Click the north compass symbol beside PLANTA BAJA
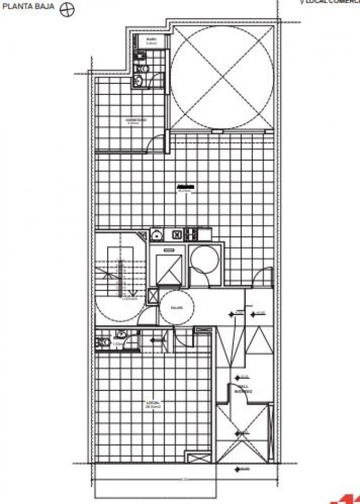[x=66, y=10]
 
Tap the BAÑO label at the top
[x=151, y=39]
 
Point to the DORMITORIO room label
[x=136, y=121]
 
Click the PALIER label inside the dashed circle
[x=176, y=307]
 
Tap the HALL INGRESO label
[x=245, y=389]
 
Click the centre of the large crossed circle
[x=222, y=75]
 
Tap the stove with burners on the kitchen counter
[x=204, y=233]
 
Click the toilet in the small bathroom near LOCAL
[x=102, y=342]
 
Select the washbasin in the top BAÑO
[x=140, y=81]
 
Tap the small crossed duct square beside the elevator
[x=152, y=296]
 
